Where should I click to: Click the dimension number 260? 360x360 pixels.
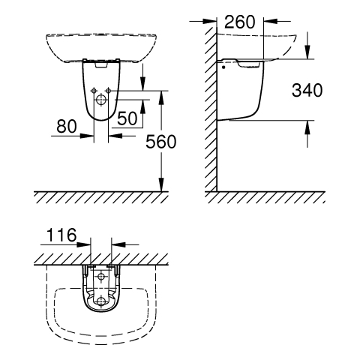pyautogui.click(x=240, y=22)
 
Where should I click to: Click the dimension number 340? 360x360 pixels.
pyautogui.click(x=307, y=90)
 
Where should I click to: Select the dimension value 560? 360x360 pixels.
pyautogui.click(x=161, y=142)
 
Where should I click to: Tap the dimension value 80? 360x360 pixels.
pyautogui.click(x=67, y=126)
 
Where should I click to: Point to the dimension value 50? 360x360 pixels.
pyautogui.click(x=127, y=118)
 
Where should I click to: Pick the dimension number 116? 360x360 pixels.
pyautogui.click(x=61, y=235)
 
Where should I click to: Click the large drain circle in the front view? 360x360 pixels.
pyautogui.click(x=101, y=100)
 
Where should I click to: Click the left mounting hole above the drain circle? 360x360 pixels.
pyautogui.click(x=94, y=91)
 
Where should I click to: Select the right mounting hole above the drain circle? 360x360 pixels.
pyautogui.click(x=108, y=91)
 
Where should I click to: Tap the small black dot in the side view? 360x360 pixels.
pyautogui.click(x=223, y=67)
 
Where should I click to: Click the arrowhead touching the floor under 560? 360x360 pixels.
pyautogui.click(x=161, y=184)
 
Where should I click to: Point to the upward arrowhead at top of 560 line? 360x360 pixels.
pyautogui.click(x=161, y=97)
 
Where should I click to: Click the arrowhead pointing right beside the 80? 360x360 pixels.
pyautogui.click(x=87, y=136)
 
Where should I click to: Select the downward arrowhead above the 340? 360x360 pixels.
pyautogui.click(x=307, y=52)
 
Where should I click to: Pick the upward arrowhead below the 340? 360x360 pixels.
pyautogui.click(x=307, y=127)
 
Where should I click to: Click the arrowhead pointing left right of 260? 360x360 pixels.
pyautogui.click(x=271, y=22)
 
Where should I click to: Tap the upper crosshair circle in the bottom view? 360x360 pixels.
pyautogui.click(x=101, y=277)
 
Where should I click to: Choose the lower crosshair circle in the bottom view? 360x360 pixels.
pyautogui.click(x=101, y=301)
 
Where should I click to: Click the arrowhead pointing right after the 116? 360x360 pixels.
pyautogui.click(x=83, y=244)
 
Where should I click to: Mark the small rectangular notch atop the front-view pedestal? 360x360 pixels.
pyautogui.click(x=101, y=64)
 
